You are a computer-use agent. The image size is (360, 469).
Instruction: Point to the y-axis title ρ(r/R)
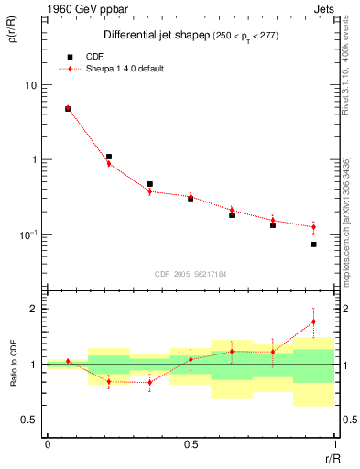pos(12,38)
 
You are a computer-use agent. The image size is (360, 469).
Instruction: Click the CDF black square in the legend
pos(68,56)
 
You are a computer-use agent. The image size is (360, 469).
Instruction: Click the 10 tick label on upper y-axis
pos(30,85)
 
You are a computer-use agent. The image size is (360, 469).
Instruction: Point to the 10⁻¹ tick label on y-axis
pos(28,234)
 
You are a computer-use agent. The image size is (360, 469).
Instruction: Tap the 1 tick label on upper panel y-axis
pos(34,159)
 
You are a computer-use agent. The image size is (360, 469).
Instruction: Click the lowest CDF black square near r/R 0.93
pos(313,245)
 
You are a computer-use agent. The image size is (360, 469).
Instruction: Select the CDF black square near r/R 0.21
pos(109,157)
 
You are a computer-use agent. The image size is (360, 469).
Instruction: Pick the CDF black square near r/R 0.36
pos(150,184)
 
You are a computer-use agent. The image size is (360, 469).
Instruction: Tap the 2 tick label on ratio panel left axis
pos(34,309)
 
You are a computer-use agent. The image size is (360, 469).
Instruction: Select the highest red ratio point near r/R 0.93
pos(313,322)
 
